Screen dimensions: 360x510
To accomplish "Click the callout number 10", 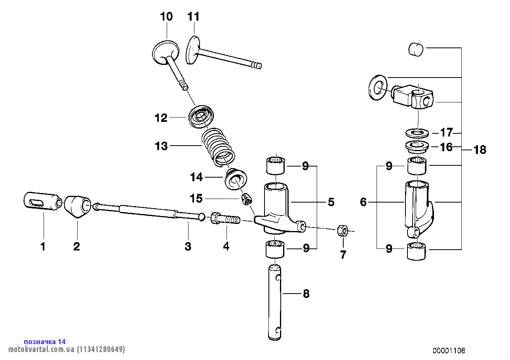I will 166,17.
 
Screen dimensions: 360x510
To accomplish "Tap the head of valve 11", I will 193,50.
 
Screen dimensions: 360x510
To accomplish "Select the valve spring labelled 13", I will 217,146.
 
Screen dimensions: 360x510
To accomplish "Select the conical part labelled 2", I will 78,206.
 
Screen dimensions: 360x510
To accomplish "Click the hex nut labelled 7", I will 343,231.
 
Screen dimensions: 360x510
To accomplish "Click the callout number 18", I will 480,150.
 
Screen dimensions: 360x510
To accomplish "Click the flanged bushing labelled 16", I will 417,146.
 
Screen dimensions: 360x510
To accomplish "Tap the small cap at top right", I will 416,49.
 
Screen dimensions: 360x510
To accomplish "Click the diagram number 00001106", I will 449,351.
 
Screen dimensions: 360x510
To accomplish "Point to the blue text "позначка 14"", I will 45,341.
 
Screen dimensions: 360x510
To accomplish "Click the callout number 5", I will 331,202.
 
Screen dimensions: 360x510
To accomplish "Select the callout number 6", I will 363,202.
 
